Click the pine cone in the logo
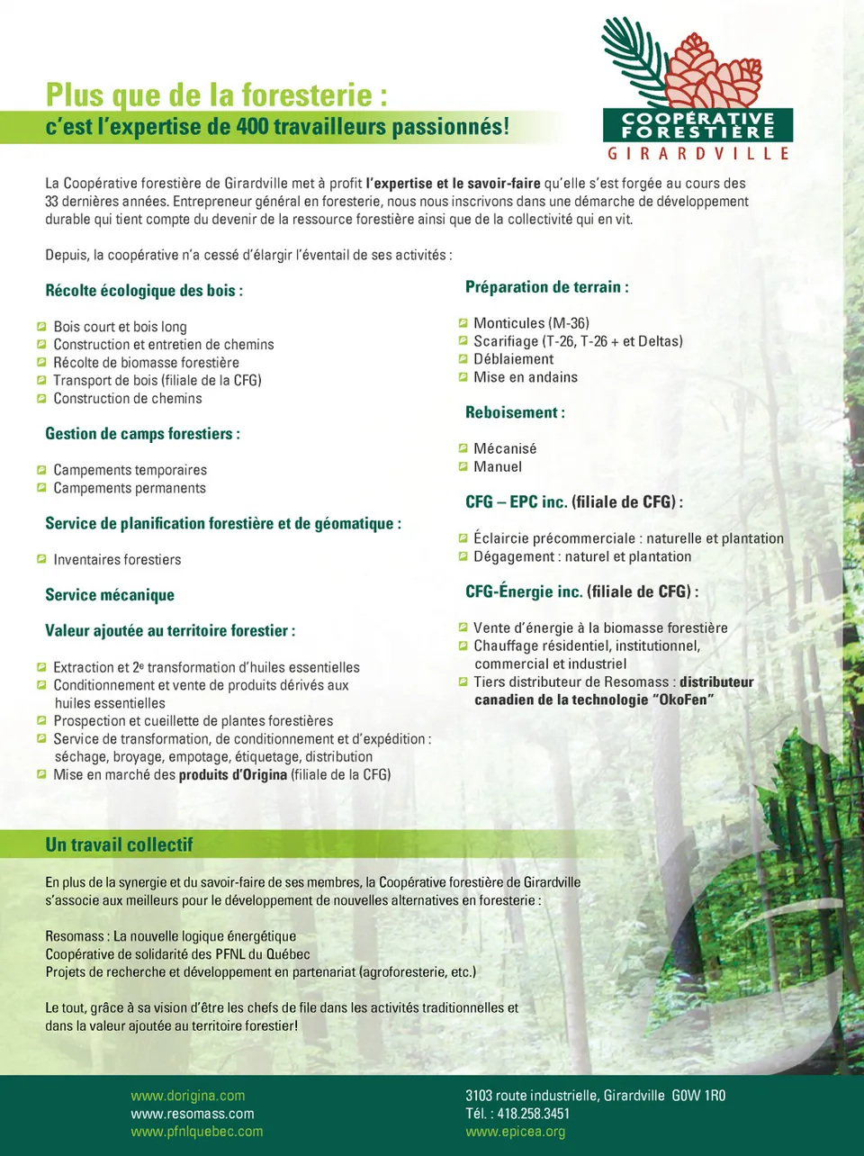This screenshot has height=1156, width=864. [x=715, y=72]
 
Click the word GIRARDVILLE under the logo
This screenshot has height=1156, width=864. [x=697, y=154]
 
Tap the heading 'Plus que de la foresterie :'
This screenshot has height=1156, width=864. [x=217, y=95]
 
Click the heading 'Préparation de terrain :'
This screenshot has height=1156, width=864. [x=546, y=287]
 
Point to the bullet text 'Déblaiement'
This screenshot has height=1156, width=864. [x=513, y=359]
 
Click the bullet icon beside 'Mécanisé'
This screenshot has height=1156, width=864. [x=463, y=448]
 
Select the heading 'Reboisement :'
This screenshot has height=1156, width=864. [x=515, y=412]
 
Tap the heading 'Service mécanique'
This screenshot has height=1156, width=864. [x=110, y=595]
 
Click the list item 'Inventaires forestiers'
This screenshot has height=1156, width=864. [x=117, y=560]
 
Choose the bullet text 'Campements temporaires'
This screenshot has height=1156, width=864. [x=130, y=470]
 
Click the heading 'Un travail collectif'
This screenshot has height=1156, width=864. [x=119, y=844]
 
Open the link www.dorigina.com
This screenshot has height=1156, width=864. [x=187, y=1096]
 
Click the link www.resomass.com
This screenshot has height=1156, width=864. [x=192, y=1114]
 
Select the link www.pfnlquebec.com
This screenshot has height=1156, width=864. [x=196, y=1132]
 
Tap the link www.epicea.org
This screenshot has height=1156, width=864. [x=515, y=1132]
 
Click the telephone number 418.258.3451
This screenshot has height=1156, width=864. [x=533, y=1114]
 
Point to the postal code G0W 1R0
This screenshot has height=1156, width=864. [x=698, y=1096]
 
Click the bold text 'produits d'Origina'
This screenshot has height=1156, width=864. [x=232, y=774]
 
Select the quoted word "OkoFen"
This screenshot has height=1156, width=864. [x=682, y=700]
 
